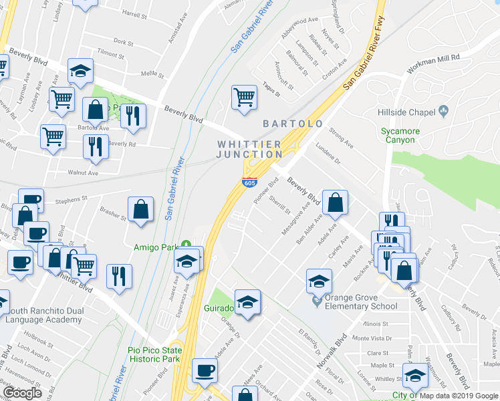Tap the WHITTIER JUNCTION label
(x=249, y=149)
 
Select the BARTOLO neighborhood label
(x=293, y=124)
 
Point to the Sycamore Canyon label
(x=400, y=136)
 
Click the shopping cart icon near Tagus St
(x=244, y=97)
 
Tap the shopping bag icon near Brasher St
(x=141, y=209)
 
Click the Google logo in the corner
(x=22, y=393)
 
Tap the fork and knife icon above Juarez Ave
(x=119, y=276)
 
